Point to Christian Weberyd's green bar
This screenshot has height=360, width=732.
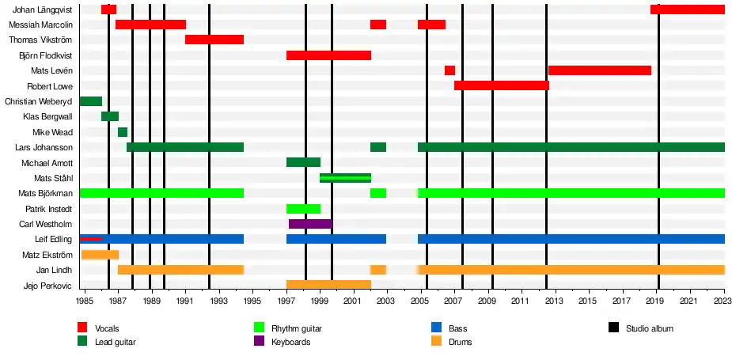coord(91,101)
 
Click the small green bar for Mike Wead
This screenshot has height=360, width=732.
coord(123,132)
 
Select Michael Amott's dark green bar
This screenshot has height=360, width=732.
coord(303,162)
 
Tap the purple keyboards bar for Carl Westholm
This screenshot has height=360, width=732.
coord(310,224)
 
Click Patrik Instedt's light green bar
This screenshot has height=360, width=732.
coord(303,209)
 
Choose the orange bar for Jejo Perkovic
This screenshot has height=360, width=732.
coord(328,285)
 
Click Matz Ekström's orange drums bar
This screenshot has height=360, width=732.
coord(100,255)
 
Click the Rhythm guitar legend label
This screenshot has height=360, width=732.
coord(297,328)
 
